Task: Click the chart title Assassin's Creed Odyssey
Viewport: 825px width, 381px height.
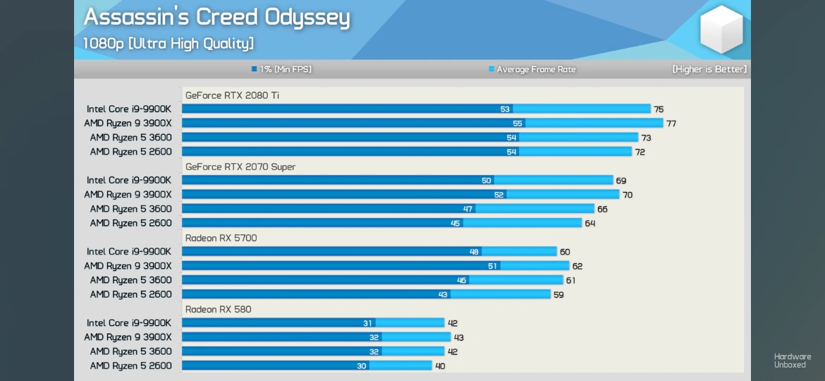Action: pos(216,17)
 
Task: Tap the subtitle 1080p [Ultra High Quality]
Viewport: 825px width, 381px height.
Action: pos(168,44)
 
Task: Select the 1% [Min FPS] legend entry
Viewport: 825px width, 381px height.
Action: pos(281,69)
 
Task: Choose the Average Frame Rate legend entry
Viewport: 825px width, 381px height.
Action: pos(532,69)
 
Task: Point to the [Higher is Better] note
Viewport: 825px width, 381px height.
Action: pos(709,69)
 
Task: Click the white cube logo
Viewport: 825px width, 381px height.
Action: pos(721,29)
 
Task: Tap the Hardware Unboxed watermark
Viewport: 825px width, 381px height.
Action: pos(792,361)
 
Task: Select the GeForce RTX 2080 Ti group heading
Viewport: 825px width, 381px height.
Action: pos(232,95)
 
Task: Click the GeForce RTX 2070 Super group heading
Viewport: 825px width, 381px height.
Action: pos(240,167)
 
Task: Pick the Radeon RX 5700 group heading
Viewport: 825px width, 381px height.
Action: pos(221,238)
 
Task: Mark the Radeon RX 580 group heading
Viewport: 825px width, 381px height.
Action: pos(218,309)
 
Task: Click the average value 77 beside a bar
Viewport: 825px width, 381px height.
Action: pos(671,123)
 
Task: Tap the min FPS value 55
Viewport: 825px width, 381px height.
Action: pos(518,123)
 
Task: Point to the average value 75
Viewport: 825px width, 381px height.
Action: pos(659,109)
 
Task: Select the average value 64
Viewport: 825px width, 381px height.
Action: pos(590,224)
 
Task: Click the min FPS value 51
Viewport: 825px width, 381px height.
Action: pos(492,266)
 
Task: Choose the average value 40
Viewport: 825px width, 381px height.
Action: pos(440,366)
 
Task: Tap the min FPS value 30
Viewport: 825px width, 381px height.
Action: pos(362,366)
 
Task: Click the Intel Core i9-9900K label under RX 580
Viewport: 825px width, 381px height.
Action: pos(129,323)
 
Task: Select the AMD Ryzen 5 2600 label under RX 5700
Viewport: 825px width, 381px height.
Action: pos(130,294)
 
